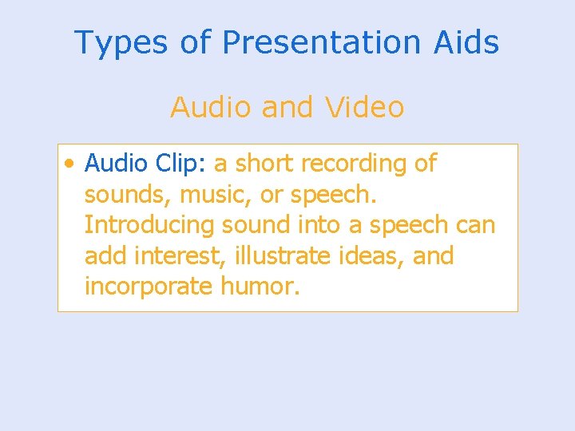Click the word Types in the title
(119, 42)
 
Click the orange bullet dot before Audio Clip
(72, 164)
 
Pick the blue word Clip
(180, 164)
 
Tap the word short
(266, 164)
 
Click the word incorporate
(149, 287)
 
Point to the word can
(476, 226)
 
